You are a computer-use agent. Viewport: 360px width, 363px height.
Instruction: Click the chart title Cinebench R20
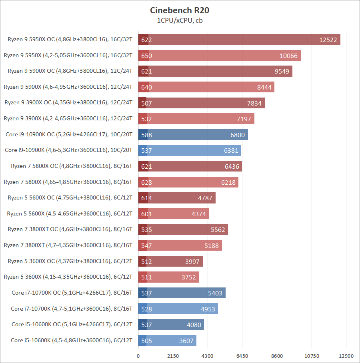click(x=180, y=10)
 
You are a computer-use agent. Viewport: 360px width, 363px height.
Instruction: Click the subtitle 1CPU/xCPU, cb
click(x=180, y=20)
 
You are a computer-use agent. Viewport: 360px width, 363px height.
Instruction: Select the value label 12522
click(x=328, y=40)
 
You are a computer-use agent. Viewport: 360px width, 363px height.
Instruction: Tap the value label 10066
click(x=288, y=56)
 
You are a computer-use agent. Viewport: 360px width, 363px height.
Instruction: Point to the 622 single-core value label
click(x=146, y=40)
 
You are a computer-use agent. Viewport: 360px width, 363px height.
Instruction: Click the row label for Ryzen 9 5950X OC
click(x=70, y=39)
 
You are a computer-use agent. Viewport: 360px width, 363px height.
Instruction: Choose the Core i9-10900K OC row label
click(x=69, y=134)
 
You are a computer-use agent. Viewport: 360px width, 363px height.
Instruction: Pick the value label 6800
click(x=238, y=135)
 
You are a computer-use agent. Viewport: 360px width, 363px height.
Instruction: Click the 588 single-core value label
click(x=146, y=135)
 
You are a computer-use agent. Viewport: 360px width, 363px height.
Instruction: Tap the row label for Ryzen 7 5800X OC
click(x=70, y=166)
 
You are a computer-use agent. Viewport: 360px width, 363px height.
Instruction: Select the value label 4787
click(x=205, y=198)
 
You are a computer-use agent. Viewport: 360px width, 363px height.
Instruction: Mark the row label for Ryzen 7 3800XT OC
click(x=70, y=229)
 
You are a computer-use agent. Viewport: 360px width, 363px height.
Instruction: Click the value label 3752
click(x=188, y=277)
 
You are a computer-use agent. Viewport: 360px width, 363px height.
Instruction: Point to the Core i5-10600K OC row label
click(x=72, y=324)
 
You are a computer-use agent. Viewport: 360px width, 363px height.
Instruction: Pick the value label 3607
click(x=186, y=341)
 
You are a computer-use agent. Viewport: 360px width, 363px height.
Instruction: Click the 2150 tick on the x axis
click(x=173, y=356)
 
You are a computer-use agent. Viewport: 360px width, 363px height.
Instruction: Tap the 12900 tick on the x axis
click(x=346, y=356)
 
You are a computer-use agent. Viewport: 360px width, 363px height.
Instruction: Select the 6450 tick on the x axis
click(x=242, y=356)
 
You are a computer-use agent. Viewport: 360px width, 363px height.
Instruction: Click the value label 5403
click(x=215, y=293)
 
